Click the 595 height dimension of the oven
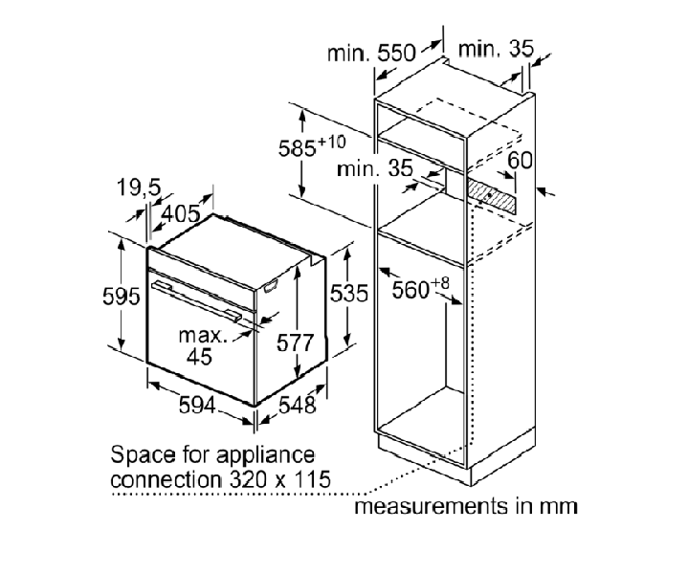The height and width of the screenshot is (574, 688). point(122,297)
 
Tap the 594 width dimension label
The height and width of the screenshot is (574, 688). point(197,405)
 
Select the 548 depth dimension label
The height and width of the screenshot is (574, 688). point(298,405)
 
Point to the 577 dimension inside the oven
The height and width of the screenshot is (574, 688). point(296,342)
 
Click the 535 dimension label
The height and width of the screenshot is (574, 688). point(349,293)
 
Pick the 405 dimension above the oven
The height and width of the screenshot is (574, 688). point(181,213)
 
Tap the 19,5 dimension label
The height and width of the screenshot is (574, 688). point(139,188)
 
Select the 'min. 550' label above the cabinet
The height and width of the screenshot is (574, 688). point(371,53)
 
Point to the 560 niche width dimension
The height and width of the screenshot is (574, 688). point(420,288)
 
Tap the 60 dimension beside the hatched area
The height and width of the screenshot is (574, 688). point(520,160)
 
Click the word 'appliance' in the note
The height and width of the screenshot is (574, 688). point(266,455)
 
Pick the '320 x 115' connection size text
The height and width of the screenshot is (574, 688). point(280,479)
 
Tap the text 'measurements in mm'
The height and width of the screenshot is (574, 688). point(466,506)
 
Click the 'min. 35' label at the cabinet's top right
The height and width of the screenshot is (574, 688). point(496,49)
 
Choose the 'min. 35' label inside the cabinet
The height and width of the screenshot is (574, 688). point(375,168)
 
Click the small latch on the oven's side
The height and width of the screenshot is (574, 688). point(271,286)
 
